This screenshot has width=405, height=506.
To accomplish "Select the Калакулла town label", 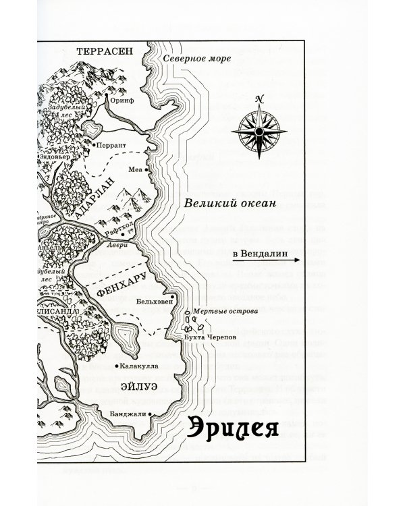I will pos(139,366).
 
